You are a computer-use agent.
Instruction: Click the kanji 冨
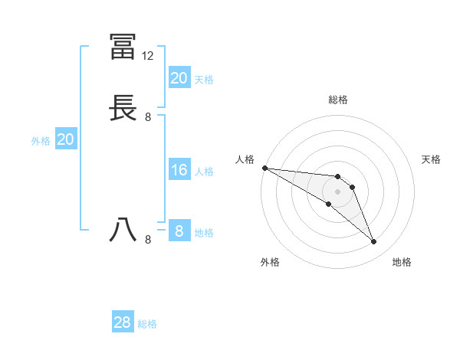(123, 47)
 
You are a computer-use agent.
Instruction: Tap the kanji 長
(123, 107)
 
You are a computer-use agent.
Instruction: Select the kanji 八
(123, 229)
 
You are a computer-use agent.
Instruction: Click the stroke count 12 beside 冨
(148, 56)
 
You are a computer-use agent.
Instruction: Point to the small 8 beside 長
(148, 117)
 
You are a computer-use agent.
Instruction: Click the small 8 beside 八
(148, 240)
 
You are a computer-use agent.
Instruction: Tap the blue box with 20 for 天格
(179, 78)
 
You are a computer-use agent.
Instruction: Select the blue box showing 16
(179, 170)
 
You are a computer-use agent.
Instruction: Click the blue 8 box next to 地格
(179, 231)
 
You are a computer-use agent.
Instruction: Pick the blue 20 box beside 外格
(66, 139)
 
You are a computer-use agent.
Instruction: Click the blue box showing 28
(123, 323)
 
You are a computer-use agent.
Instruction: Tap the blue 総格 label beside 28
(147, 324)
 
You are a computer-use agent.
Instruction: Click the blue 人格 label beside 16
(204, 171)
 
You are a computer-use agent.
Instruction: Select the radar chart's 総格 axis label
(338, 100)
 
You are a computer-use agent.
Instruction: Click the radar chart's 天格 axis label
(431, 159)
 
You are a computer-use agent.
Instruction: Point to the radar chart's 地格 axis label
(402, 262)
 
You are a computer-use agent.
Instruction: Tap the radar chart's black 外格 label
(270, 262)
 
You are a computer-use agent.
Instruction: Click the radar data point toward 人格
(264, 168)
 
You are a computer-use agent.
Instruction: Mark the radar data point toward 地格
(374, 242)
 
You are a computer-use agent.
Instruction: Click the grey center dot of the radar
(338, 191)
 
